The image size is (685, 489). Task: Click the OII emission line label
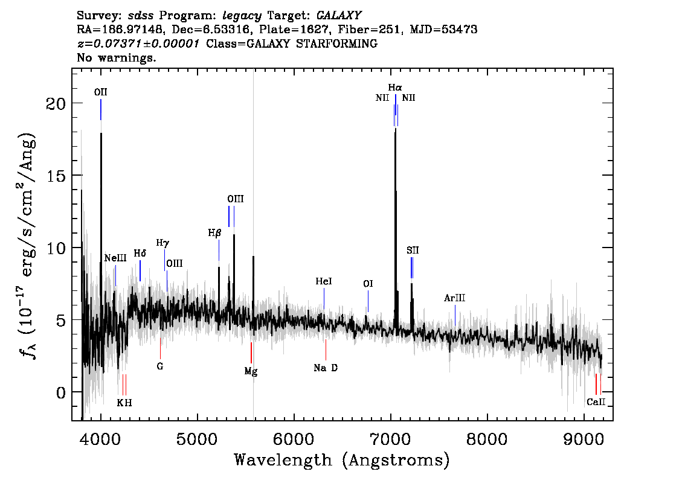pyautogui.click(x=100, y=92)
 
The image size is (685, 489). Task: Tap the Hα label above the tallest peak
pyautogui.click(x=395, y=88)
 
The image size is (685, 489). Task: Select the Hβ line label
pyautogui.click(x=214, y=233)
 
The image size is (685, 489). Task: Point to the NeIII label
pyautogui.click(x=115, y=258)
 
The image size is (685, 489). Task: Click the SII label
pyautogui.click(x=413, y=250)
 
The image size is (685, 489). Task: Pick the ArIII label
pyautogui.click(x=454, y=298)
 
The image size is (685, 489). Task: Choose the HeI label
pyautogui.click(x=324, y=281)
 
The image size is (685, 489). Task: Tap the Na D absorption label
pyautogui.click(x=326, y=368)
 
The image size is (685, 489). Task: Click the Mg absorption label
pyautogui.click(x=251, y=371)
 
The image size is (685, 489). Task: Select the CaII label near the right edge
pyautogui.click(x=596, y=402)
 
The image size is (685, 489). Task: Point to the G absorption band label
pyautogui.click(x=160, y=366)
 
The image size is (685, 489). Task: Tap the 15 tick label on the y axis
pyautogui.click(x=56, y=176)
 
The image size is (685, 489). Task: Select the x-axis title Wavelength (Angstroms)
pyautogui.click(x=342, y=460)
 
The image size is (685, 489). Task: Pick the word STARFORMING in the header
pyautogui.click(x=336, y=43)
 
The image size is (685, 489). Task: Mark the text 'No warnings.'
pyautogui.click(x=116, y=57)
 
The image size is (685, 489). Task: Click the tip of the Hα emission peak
pyautogui.click(x=396, y=129)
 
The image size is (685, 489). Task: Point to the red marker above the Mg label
pyautogui.click(x=251, y=353)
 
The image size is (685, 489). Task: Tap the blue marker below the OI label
pyautogui.click(x=368, y=301)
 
